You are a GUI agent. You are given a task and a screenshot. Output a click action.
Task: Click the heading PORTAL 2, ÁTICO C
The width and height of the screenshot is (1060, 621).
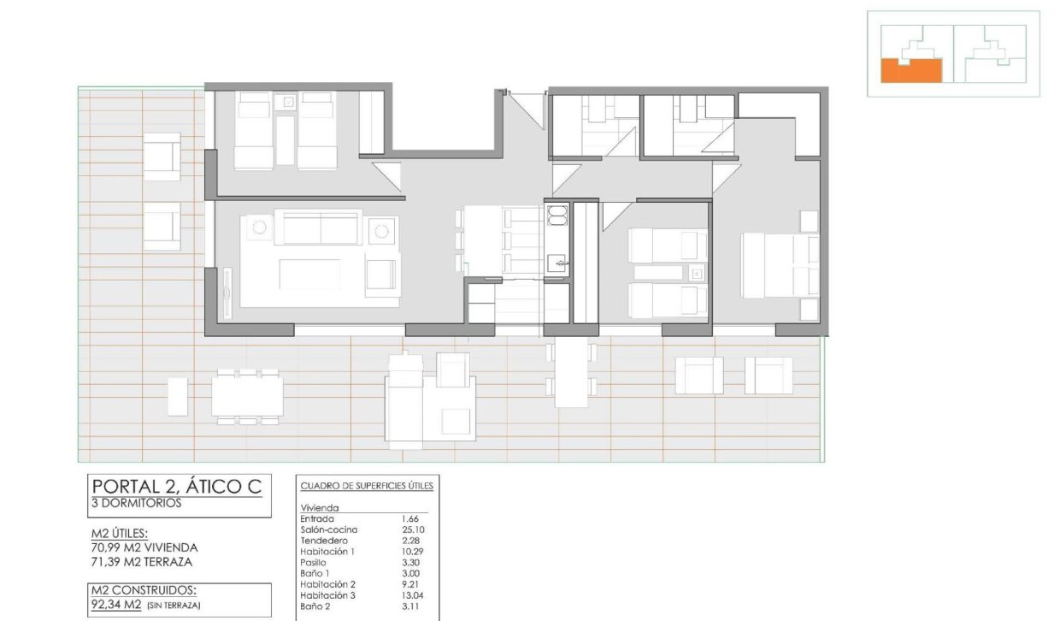[175, 487]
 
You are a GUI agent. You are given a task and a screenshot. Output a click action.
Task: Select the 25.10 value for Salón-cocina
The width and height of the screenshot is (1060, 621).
[413, 529]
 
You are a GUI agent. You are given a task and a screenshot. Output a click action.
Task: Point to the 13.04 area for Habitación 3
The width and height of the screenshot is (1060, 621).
[413, 595]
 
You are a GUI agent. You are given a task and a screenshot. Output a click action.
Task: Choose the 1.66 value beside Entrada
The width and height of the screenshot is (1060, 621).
[410, 519]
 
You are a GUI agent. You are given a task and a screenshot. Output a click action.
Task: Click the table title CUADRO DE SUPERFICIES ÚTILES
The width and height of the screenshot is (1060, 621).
[367, 486]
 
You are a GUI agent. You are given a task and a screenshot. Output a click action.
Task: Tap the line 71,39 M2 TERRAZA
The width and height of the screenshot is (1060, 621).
[141, 562]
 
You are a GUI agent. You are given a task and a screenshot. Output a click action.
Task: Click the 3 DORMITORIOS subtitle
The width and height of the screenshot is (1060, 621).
[136, 504]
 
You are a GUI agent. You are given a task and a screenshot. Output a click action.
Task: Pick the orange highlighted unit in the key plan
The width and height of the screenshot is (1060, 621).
[910, 70]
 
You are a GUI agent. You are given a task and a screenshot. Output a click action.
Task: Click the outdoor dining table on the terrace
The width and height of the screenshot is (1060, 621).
[247, 396]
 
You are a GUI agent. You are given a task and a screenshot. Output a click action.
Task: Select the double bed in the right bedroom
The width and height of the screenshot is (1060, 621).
[779, 265]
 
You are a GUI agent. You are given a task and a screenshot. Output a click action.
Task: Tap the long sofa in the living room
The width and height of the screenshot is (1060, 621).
[321, 228]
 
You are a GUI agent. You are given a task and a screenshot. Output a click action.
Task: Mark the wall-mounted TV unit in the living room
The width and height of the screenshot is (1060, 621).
[227, 293]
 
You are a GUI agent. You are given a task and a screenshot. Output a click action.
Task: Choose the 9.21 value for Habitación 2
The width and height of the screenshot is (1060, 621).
[410, 584]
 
